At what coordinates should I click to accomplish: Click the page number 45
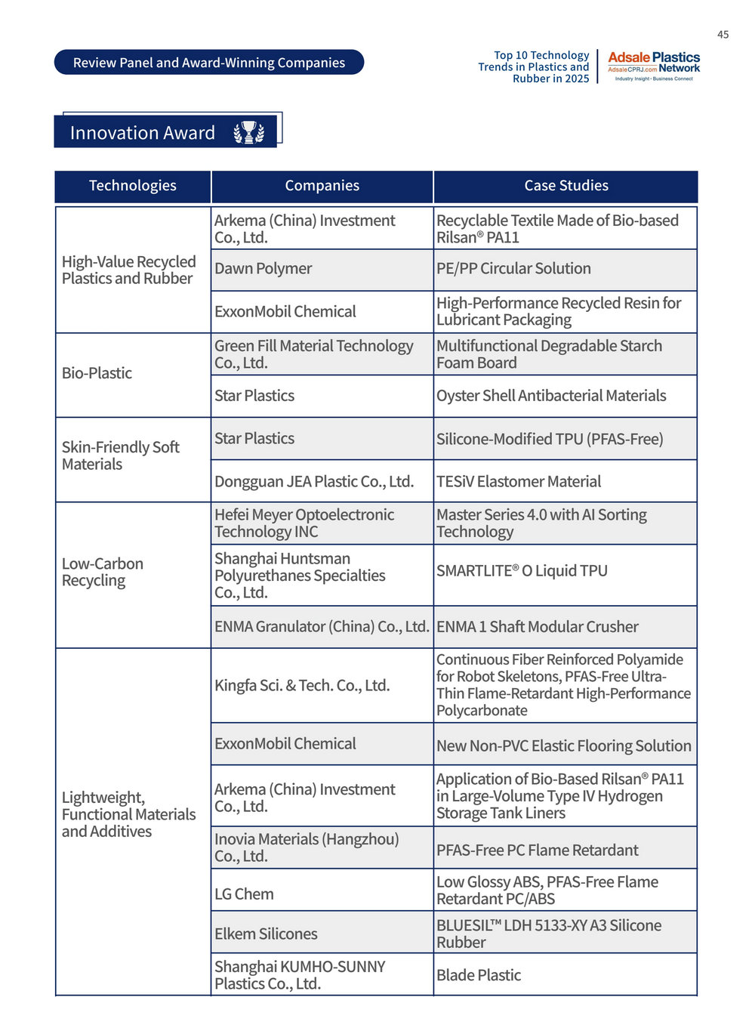click(723, 35)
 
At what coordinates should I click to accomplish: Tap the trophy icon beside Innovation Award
click(248, 133)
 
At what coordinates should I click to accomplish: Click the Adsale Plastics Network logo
click(653, 66)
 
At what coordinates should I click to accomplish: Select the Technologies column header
click(133, 186)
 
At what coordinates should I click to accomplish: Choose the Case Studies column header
click(565, 186)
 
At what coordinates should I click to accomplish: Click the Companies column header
click(322, 186)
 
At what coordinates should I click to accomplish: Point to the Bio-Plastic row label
click(97, 373)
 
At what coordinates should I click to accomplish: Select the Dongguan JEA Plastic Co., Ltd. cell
click(314, 482)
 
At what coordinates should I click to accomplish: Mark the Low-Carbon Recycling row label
click(103, 572)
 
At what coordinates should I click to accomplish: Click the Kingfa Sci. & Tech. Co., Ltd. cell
click(302, 686)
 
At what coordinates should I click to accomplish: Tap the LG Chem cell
click(245, 894)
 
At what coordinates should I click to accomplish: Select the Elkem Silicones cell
click(266, 934)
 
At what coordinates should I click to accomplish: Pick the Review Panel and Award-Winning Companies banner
click(209, 63)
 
